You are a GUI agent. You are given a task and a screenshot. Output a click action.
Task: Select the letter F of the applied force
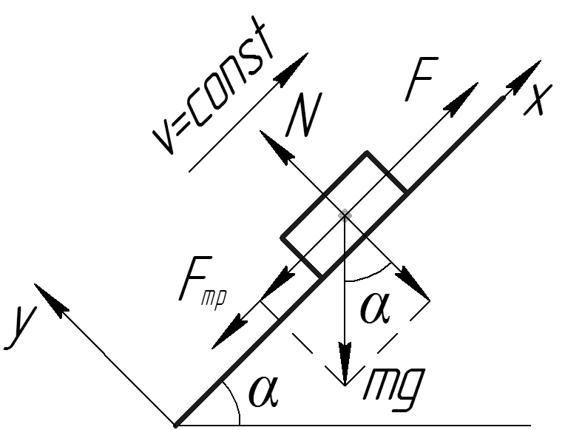[x=421, y=82]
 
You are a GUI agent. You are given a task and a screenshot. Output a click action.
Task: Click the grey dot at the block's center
[x=344, y=215]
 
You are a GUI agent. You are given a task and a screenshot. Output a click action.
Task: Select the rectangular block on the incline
[x=344, y=215]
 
